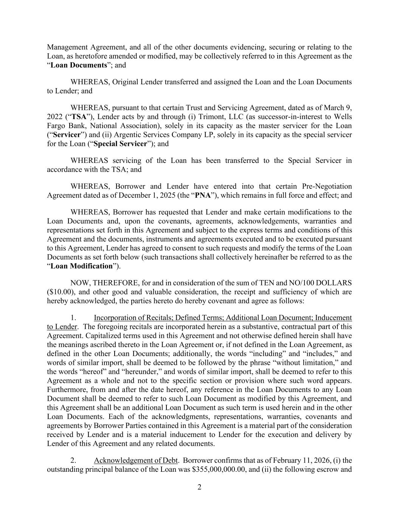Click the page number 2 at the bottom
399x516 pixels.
click(x=199, y=487)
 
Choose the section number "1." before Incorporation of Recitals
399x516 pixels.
click(x=74, y=318)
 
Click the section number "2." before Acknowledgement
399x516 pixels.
click(x=74, y=460)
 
